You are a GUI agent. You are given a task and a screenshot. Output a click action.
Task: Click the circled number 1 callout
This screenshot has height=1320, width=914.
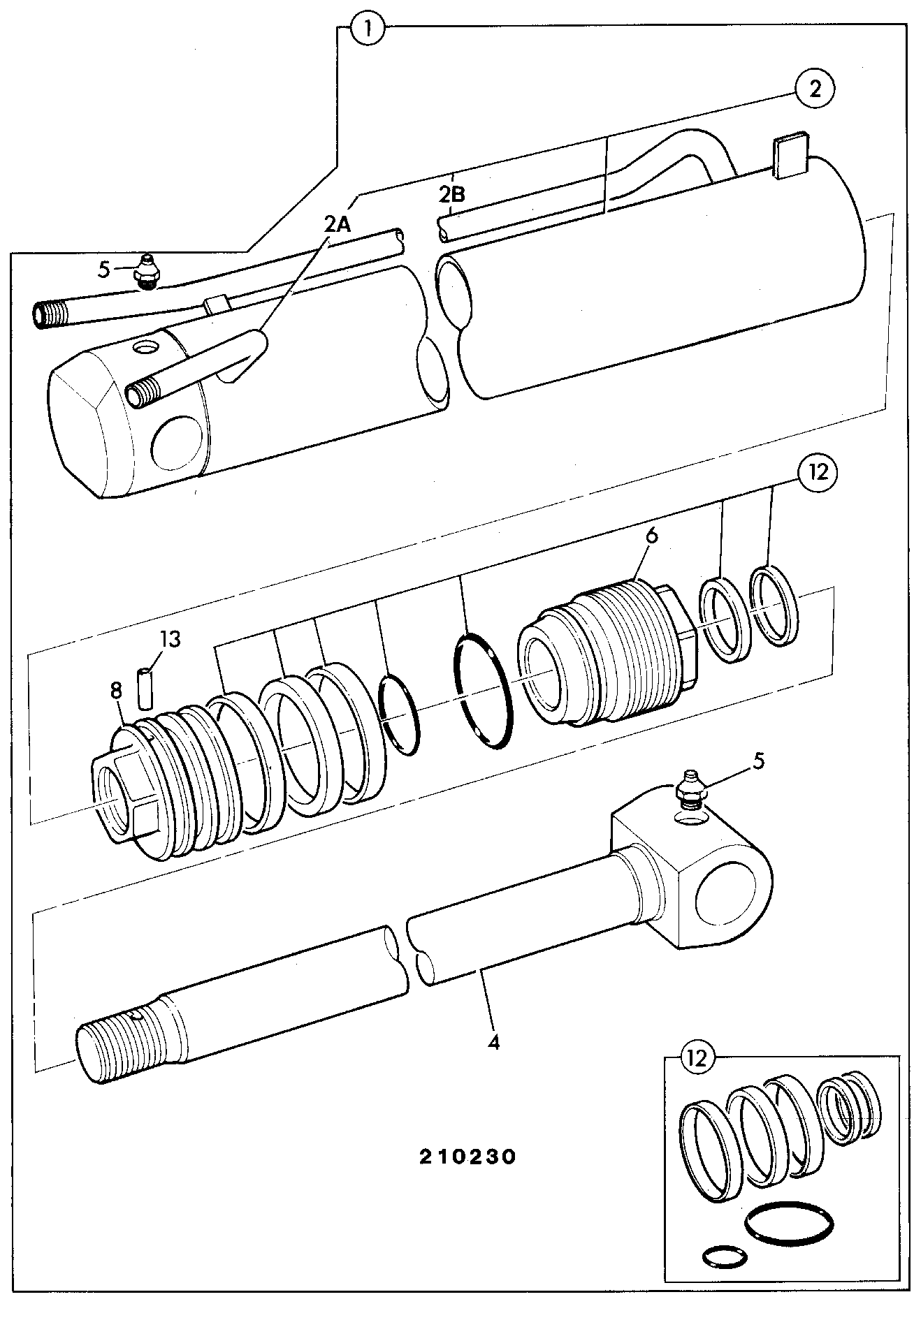[x=368, y=29]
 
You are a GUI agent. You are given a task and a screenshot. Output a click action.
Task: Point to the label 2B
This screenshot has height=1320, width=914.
[x=451, y=193]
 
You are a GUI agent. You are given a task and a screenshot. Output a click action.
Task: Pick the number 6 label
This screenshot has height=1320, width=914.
[x=652, y=535]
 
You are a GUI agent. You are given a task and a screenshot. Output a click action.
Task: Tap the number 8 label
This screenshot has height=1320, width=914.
[x=116, y=691]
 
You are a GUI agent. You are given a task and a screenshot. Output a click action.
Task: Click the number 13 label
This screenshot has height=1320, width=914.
[x=171, y=638]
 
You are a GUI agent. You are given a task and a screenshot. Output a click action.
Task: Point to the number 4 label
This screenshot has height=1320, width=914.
[x=494, y=1043]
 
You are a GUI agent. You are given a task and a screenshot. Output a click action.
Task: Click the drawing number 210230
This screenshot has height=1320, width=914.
[x=468, y=1156]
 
